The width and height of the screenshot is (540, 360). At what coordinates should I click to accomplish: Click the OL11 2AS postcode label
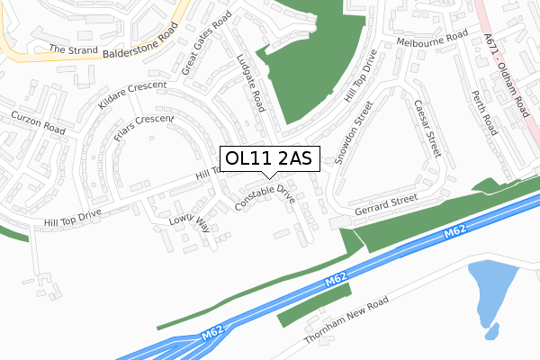(x=268, y=158)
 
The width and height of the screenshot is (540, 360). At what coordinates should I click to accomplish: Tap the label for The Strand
(x=71, y=49)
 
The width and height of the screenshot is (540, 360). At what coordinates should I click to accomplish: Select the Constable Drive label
(x=265, y=199)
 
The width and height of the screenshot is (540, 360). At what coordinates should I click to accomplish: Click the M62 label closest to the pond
(x=454, y=236)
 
